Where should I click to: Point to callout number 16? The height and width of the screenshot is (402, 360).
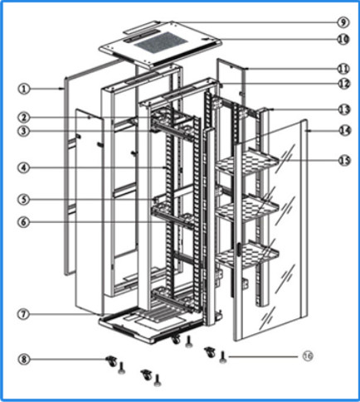[x=308, y=356]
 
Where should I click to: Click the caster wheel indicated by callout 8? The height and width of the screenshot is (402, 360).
[x=109, y=360]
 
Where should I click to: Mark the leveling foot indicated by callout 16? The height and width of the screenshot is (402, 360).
[x=223, y=357]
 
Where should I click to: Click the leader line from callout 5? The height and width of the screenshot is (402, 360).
[x=91, y=200]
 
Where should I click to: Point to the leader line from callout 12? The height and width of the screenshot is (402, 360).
[x=274, y=84]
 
